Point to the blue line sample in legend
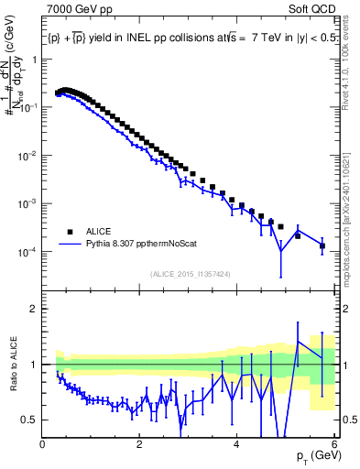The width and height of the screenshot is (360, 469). [x=70, y=245]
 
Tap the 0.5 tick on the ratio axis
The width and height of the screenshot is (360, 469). [x=30, y=420]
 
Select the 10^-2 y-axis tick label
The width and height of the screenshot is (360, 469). [x=27, y=156]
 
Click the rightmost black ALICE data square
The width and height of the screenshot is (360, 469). [x=322, y=245]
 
